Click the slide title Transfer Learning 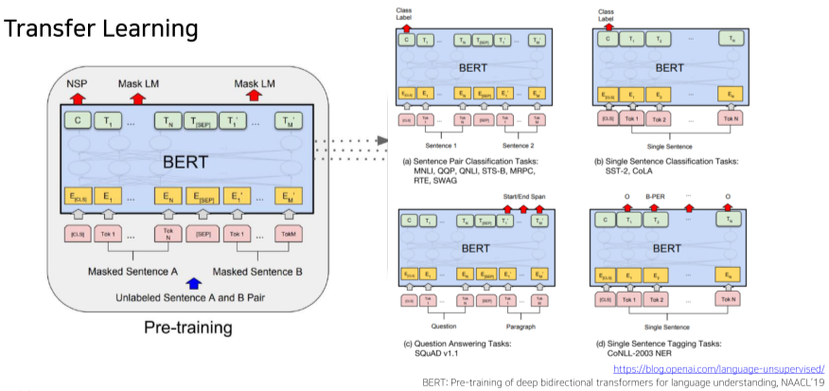pyautogui.click(x=100, y=28)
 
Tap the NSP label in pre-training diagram pyautogui.click(x=77, y=84)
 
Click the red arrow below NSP pyautogui.click(x=77, y=98)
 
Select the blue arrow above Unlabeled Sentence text pyautogui.click(x=194, y=280)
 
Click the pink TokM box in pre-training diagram pyautogui.click(x=290, y=233)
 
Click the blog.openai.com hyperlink pyautogui.click(x=718, y=367)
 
